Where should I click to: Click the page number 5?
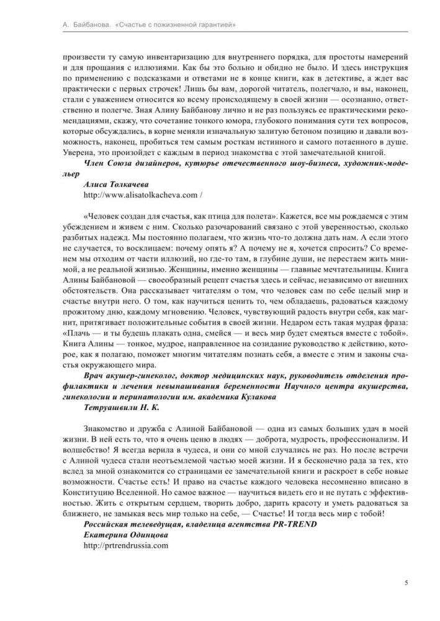[x=405, y=583]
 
